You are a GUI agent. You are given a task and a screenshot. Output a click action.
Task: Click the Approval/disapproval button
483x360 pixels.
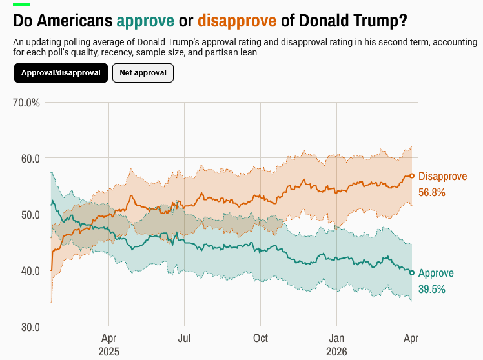coord(61,73)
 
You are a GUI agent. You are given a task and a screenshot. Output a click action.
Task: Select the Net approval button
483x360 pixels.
coord(143,73)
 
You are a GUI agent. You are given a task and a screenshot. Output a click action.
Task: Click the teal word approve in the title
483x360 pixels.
coord(145,21)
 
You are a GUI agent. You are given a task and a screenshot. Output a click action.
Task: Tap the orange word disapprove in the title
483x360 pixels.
coord(237,21)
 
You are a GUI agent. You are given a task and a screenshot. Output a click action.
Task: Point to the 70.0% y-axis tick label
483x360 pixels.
coord(26,103)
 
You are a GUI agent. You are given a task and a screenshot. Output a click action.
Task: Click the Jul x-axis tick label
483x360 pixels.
coord(185,337)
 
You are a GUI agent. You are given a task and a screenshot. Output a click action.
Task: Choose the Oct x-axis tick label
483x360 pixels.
coord(260,337)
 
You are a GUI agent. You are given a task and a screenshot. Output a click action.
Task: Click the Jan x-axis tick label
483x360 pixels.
coord(336,337)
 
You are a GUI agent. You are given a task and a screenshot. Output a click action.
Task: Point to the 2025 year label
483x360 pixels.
coord(108,352)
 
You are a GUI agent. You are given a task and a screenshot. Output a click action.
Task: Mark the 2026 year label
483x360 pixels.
coord(336,352)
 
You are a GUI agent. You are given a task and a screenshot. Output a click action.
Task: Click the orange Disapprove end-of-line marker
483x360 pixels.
coord(412,175)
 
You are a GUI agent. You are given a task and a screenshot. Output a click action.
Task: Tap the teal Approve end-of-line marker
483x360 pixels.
coord(412,272)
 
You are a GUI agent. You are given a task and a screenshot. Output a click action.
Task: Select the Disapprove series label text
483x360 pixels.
coord(442,176)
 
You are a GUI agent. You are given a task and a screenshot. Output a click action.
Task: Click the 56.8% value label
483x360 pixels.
coord(432,192)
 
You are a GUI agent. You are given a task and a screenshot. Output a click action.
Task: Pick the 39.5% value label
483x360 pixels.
coord(432,289)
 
